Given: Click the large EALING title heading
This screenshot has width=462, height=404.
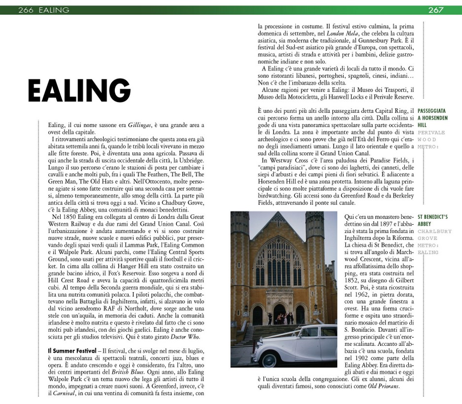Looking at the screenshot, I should point(79,91).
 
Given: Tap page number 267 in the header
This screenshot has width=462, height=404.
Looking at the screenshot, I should point(435,10).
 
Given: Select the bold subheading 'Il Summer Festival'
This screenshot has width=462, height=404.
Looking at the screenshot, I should point(68,350).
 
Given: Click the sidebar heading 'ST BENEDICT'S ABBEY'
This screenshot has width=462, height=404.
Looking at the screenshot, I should point(432,219).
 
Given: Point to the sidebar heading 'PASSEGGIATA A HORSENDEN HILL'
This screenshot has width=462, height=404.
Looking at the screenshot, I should point(432,118).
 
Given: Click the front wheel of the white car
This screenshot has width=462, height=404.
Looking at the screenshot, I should point(269,359).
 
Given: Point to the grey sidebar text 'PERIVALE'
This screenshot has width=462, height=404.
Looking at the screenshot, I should point(431,133).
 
